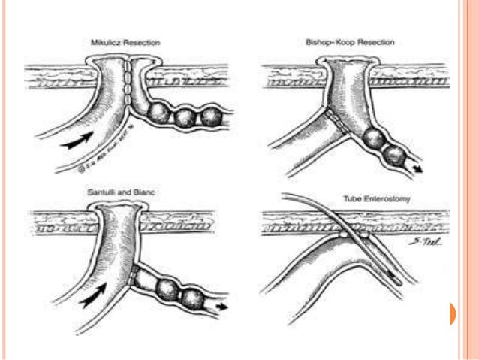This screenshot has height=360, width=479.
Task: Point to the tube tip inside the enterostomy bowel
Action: [x=399, y=282]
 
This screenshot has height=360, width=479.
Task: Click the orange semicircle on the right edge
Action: [x=453, y=313]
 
